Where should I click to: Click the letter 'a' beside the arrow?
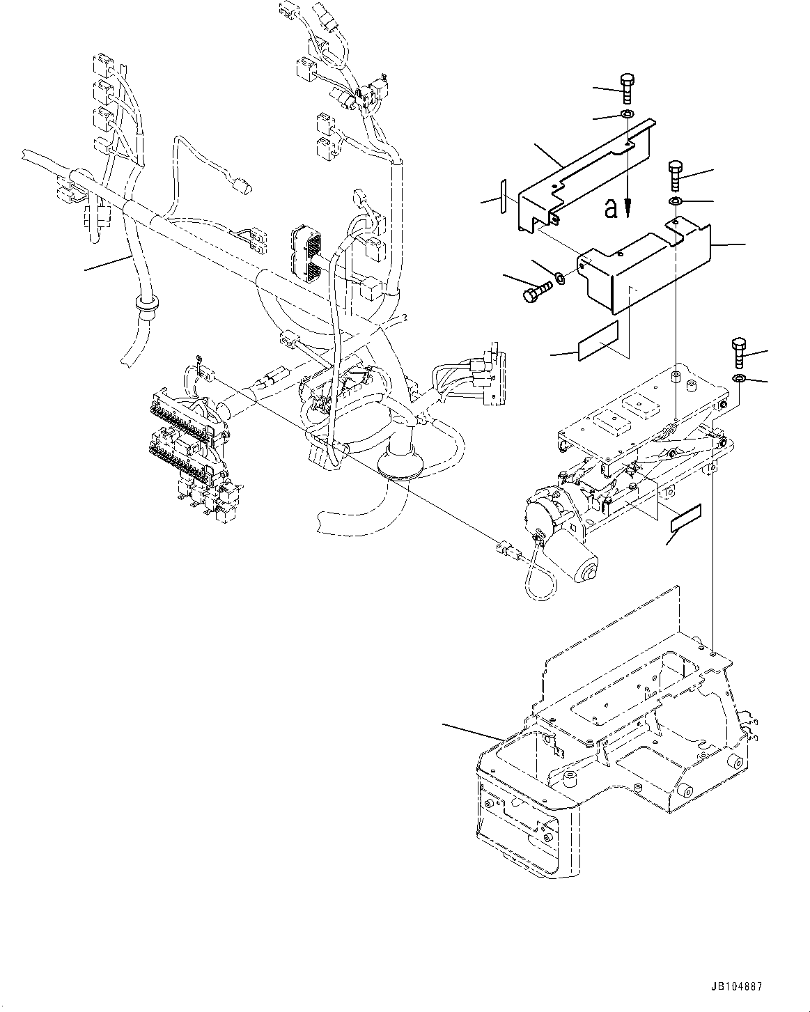click(611, 208)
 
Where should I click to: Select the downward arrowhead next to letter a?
click(628, 207)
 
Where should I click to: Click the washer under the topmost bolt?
click(627, 114)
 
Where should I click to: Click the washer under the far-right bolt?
click(740, 378)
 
